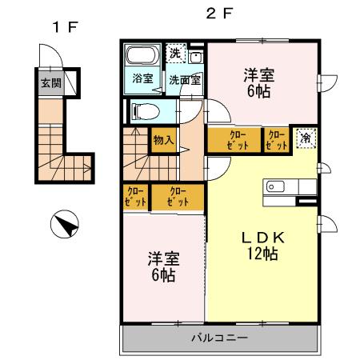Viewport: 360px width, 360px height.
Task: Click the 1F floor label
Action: coord(65,26)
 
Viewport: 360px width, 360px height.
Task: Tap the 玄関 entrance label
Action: coord(50,82)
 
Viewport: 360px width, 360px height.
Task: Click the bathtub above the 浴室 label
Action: coord(142,57)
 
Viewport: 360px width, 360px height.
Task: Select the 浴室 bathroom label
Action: coord(142,79)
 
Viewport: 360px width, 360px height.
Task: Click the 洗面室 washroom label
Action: coord(185,80)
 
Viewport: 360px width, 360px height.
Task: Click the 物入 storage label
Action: coord(164,141)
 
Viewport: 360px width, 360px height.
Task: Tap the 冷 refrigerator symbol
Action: coord(306,138)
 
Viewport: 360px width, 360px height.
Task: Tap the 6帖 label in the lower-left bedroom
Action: coord(162,276)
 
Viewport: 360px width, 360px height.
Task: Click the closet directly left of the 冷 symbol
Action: coord(278,140)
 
